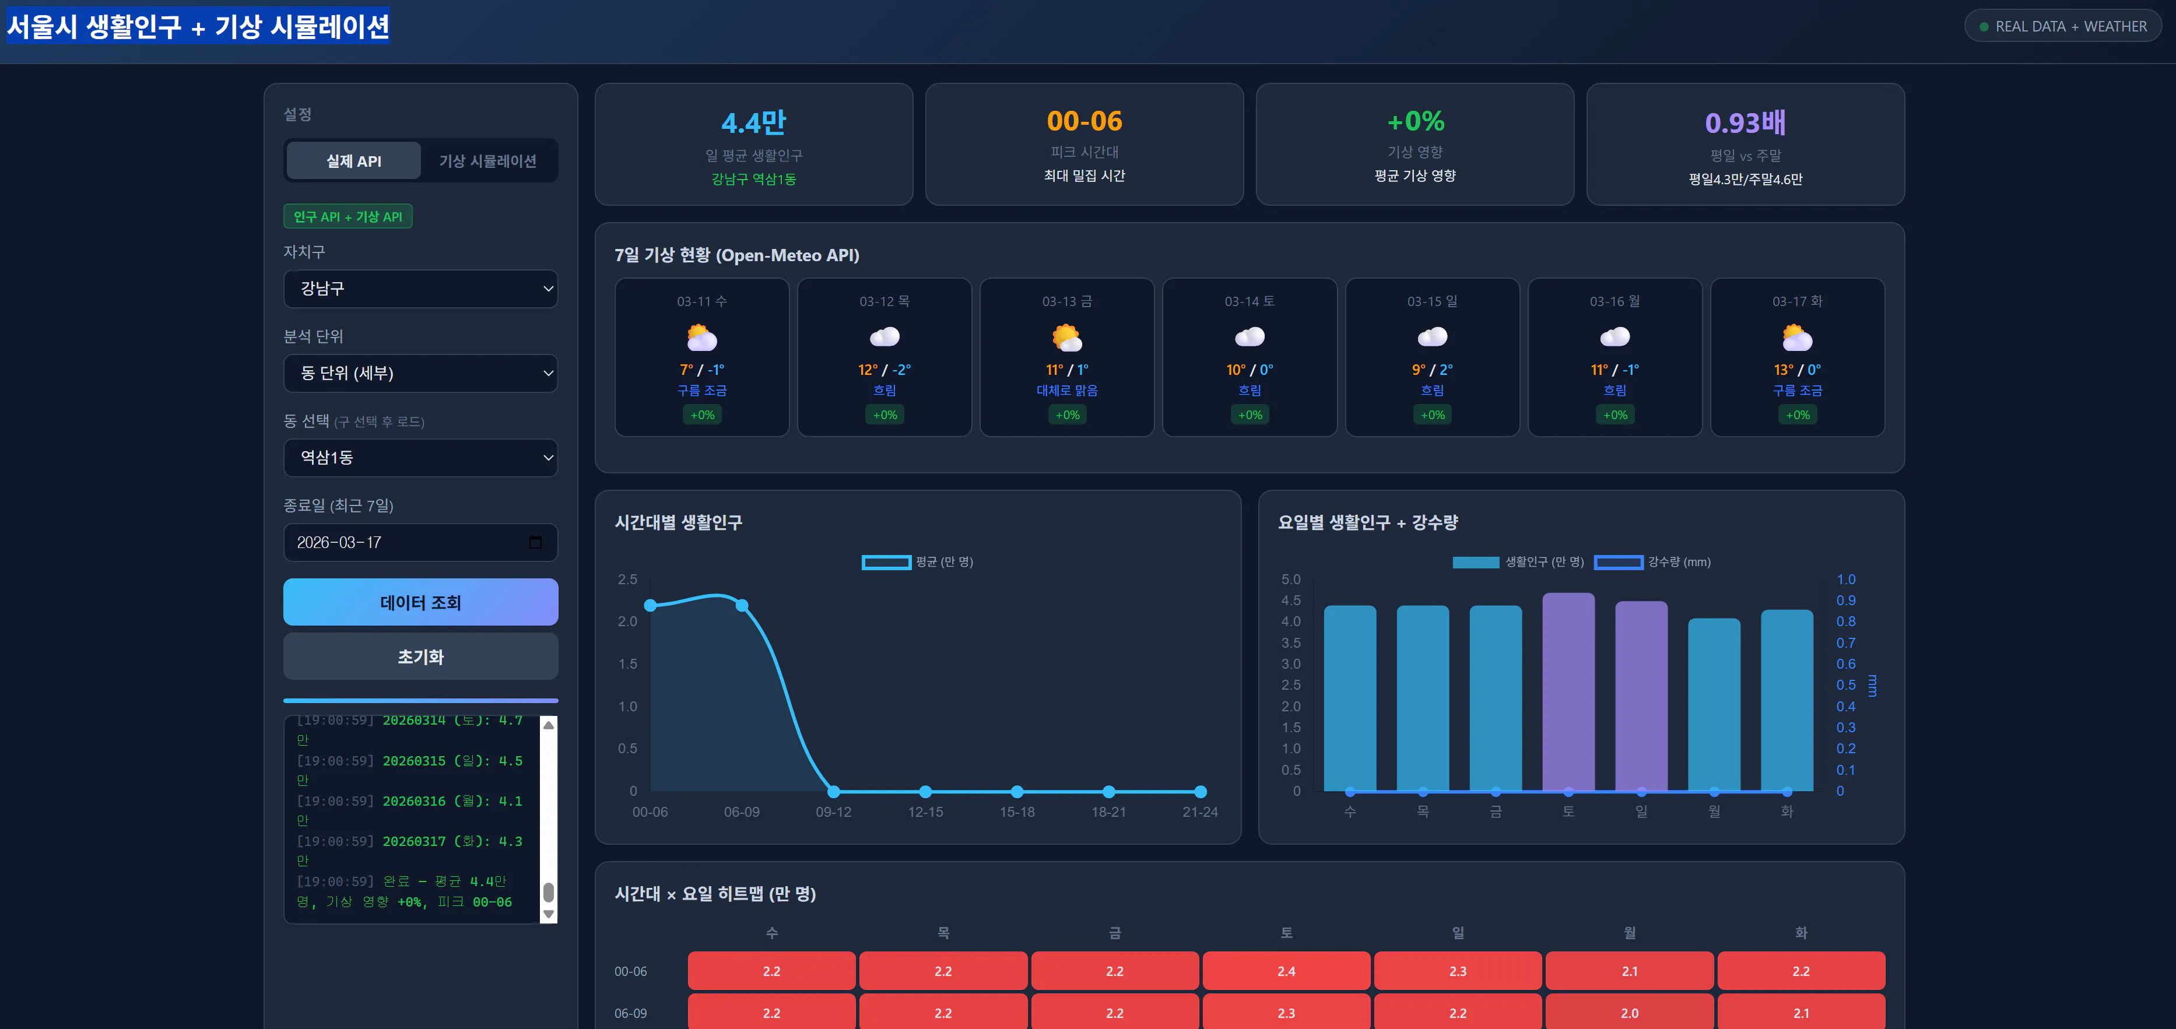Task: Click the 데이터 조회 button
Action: pyautogui.click(x=420, y=602)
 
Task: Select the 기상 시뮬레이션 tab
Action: pyautogui.click(x=487, y=160)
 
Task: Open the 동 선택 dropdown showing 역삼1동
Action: pyautogui.click(x=420, y=457)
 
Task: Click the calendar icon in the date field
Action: pyautogui.click(x=535, y=542)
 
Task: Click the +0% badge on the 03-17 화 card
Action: pyautogui.click(x=1797, y=415)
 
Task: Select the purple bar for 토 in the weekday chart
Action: pyautogui.click(x=1568, y=693)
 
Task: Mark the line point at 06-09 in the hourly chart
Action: pyautogui.click(x=742, y=605)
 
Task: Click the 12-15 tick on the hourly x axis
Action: pyautogui.click(x=925, y=812)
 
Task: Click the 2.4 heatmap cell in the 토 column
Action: pyautogui.click(x=1286, y=971)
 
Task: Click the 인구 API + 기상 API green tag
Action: pyautogui.click(x=347, y=217)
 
